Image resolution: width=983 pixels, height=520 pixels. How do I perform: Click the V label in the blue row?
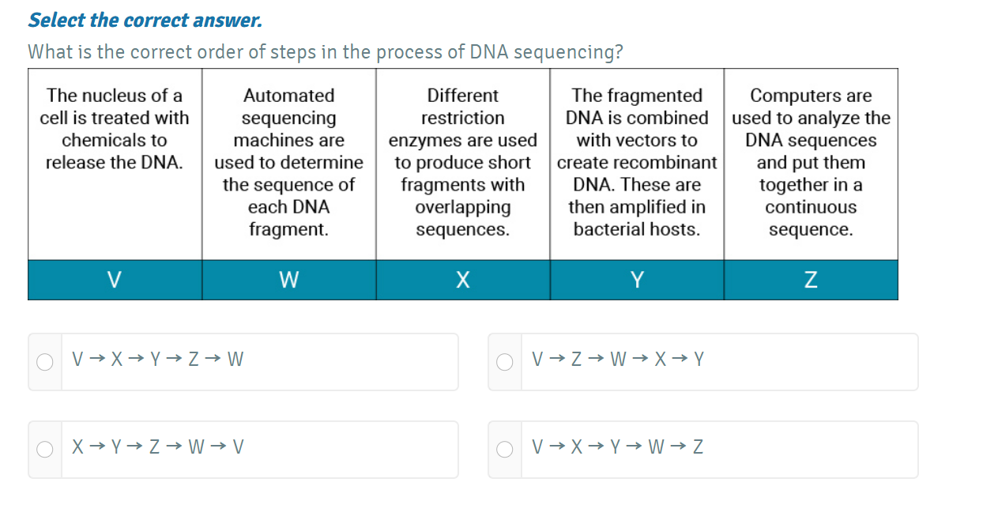(115, 280)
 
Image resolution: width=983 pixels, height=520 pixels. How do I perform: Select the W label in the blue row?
(288, 280)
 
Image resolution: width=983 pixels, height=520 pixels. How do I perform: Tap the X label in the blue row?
(463, 280)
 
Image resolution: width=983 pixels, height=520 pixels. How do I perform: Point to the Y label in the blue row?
(637, 280)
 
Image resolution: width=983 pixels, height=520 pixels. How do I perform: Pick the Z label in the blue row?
(811, 280)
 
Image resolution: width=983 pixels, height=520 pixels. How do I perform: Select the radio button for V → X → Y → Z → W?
(46, 362)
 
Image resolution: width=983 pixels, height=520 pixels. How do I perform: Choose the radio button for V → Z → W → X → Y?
(505, 362)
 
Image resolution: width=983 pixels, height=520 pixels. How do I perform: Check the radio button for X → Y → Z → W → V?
(46, 450)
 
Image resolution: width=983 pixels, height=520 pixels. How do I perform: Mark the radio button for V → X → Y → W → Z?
(505, 450)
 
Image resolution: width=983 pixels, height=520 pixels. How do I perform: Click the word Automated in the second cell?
(288, 96)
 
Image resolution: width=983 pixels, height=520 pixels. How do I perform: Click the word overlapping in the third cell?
(463, 208)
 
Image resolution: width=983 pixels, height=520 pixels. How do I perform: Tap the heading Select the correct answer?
(145, 21)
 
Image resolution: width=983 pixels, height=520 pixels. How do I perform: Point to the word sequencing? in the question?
(568, 52)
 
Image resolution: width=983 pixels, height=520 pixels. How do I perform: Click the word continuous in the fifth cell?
(811, 208)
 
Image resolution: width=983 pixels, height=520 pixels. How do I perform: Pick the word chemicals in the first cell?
(115, 141)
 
